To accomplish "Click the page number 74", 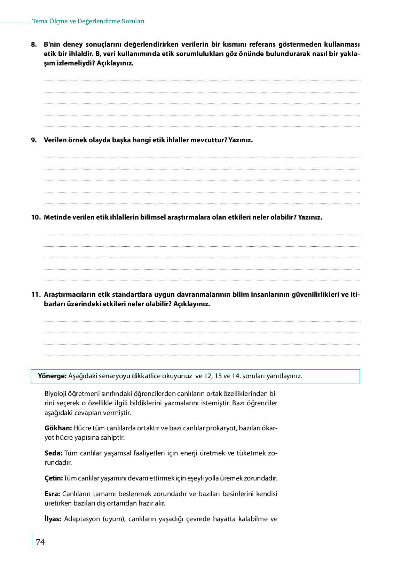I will [40, 542].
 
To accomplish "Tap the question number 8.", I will [34, 45].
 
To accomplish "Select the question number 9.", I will [34, 140].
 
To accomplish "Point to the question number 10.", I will [36, 217].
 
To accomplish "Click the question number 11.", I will [36, 295].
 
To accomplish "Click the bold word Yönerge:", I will [52, 376].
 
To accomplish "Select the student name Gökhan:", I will [58, 428].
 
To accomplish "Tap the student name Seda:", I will [53, 453].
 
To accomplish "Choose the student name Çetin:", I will [54, 478].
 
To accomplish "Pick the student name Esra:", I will [52, 494].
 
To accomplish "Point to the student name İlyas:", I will [53, 519].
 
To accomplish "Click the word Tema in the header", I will [40, 21].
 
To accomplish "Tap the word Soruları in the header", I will [133, 21].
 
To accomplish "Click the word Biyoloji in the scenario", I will [56, 394].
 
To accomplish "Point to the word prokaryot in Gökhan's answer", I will [221, 428].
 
